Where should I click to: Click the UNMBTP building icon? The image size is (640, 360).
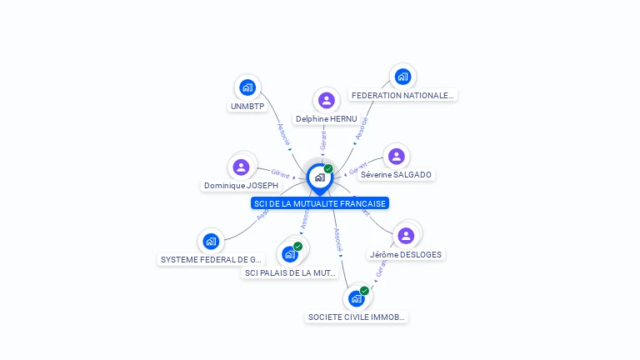247,87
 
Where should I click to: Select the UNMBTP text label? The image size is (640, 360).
247,107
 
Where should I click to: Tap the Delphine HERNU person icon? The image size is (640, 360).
327,101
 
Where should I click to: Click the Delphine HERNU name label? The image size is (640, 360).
327,119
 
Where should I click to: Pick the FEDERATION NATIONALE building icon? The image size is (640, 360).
402,77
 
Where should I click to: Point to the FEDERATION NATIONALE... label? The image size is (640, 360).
402,96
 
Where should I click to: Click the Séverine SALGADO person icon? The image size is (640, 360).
396,157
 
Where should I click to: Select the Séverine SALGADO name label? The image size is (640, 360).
397,175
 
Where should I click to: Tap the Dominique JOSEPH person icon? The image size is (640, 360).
241,167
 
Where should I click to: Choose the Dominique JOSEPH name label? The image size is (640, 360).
241,186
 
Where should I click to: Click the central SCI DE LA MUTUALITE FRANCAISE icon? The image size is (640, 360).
319,177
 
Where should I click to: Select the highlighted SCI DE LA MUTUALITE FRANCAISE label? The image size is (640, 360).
320,203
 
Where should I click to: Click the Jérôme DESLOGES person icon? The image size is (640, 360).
406,236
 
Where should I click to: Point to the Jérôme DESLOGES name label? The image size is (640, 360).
406,254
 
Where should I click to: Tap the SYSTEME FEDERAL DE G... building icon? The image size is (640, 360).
211,242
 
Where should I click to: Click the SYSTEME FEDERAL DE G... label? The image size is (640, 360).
211,260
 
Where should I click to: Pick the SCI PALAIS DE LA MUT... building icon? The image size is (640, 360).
290,253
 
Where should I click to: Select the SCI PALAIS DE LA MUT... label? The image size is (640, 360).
290,272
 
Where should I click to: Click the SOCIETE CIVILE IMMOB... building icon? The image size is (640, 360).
357,298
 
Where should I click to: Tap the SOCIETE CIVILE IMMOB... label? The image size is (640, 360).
357,317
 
